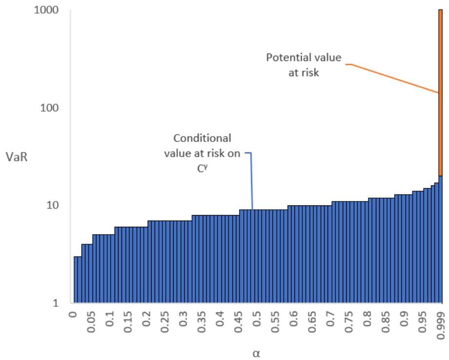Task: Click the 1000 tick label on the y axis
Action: (x=49, y=10)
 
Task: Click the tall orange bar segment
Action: (x=440, y=93)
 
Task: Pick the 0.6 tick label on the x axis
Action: (x=294, y=323)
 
